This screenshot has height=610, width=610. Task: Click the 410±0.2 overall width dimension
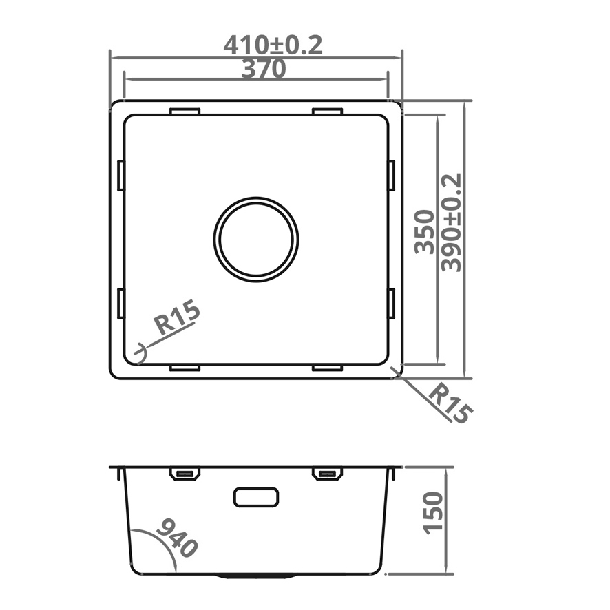coord(273,45)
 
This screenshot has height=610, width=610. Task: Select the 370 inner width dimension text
coord(263,69)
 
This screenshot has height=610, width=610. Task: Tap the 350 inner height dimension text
coord(425,232)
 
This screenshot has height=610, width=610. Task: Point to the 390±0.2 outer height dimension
coord(452,222)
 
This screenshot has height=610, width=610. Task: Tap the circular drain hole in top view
coord(256,239)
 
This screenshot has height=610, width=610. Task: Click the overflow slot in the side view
coord(256,496)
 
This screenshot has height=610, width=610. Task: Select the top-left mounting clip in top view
coord(185,111)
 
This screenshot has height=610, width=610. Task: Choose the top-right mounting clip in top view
coord(327,111)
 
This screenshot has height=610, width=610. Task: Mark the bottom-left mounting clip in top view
coord(185,368)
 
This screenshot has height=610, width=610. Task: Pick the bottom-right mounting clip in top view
coord(327,368)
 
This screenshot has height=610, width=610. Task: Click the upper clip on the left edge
coord(121,175)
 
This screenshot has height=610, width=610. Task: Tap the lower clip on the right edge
coord(390,304)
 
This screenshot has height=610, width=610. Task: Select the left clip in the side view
coord(185,474)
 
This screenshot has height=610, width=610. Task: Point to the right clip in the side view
coord(327,474)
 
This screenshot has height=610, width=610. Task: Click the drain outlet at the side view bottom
coord(255,574)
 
